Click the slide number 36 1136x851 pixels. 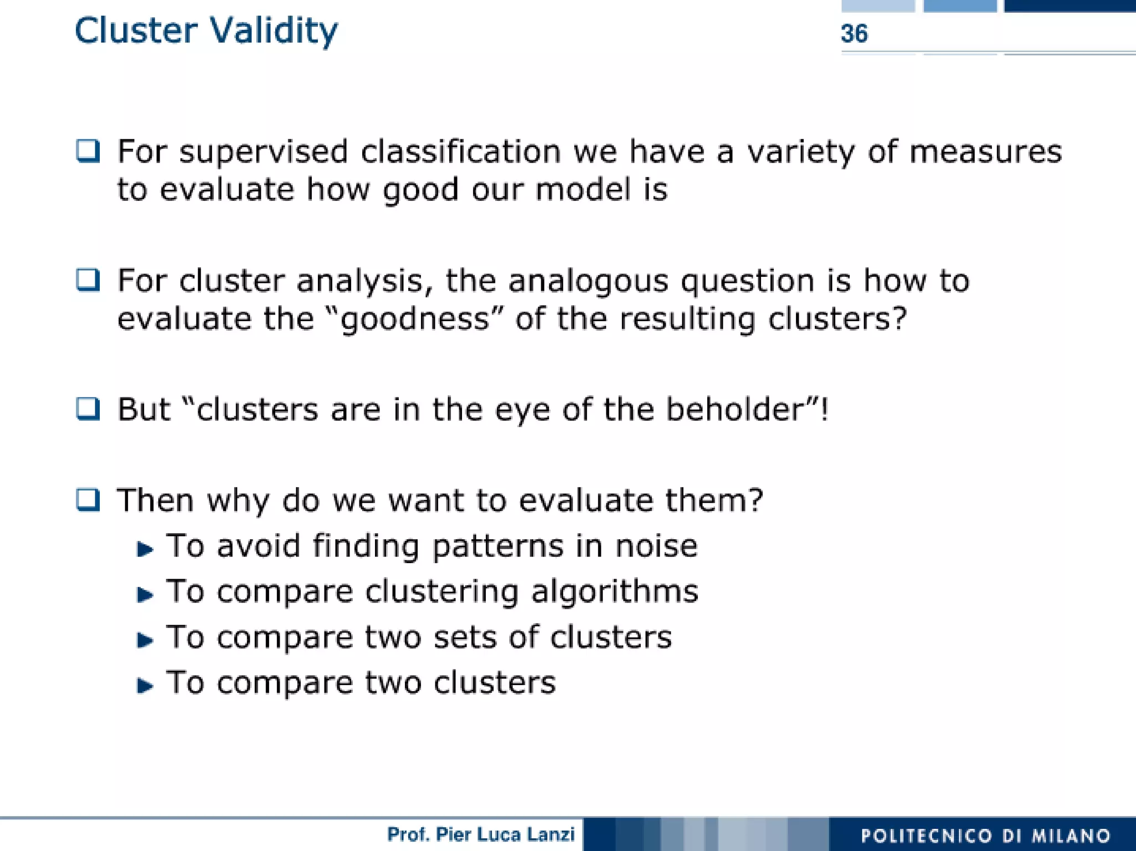click(854, 34)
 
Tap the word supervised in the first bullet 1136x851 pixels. click(263, 151)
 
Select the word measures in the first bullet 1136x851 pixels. click(985, 151)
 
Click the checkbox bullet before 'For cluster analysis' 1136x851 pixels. click(88, 280)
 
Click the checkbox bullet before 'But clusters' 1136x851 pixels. click(88, 409)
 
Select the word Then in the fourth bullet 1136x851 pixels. click(155, 500)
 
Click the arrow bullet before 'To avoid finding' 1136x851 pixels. click(145, 549)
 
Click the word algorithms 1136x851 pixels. click(614, 591)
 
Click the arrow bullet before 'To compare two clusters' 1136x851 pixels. click(145, 686)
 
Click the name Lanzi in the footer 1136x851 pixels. click(550, 834)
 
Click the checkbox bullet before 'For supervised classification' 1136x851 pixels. click(88, 151)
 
